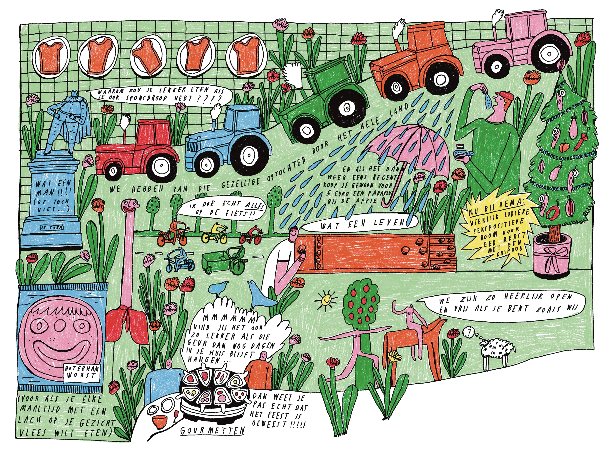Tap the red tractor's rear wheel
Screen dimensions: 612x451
click(x=161, y=165)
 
